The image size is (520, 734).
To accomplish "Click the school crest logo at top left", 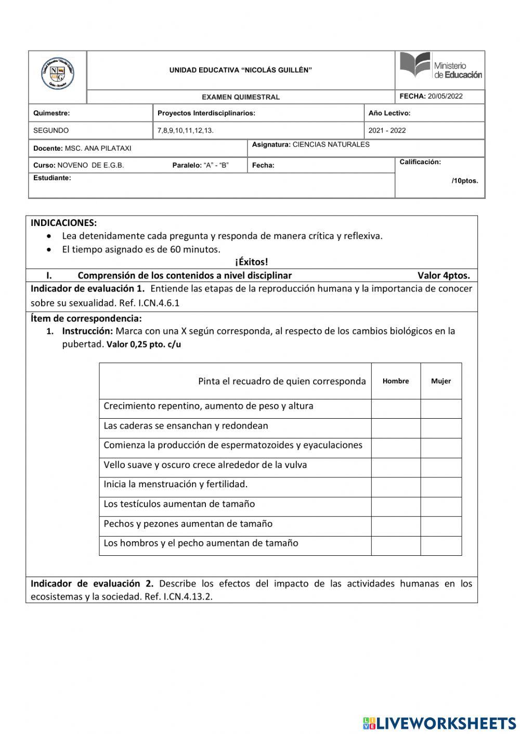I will coord(57,74).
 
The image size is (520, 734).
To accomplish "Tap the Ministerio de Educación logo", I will coord(440,66).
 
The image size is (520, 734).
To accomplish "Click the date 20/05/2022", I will coord(445,96).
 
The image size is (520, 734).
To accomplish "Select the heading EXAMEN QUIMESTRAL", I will coord(241,97).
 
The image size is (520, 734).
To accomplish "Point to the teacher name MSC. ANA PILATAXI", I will coord(98,148).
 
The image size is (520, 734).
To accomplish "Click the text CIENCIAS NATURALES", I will coord(331,144).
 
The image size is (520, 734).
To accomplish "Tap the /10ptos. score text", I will coord(464,181).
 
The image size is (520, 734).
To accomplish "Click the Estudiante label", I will coord(52,178).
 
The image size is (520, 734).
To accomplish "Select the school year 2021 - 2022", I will coord(387,130).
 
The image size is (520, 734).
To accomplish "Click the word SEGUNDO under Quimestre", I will coord(51,130).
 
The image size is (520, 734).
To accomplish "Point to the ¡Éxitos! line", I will coord(251,262).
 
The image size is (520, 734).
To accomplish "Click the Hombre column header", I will coord(396,381).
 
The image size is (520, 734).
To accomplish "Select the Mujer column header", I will coord(441,381).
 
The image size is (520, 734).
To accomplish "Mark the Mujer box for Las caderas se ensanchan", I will coord(441,428).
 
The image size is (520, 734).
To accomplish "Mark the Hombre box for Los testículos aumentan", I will coord(396,506).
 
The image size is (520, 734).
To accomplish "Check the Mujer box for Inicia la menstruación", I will coord(441,487).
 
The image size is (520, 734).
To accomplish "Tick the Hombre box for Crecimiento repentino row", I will coord(396,408).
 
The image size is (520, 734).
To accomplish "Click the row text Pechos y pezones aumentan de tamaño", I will coord(188,524).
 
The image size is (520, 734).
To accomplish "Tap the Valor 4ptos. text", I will coord(443,275).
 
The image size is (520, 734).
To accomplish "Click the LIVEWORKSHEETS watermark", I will coord(439,723).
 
